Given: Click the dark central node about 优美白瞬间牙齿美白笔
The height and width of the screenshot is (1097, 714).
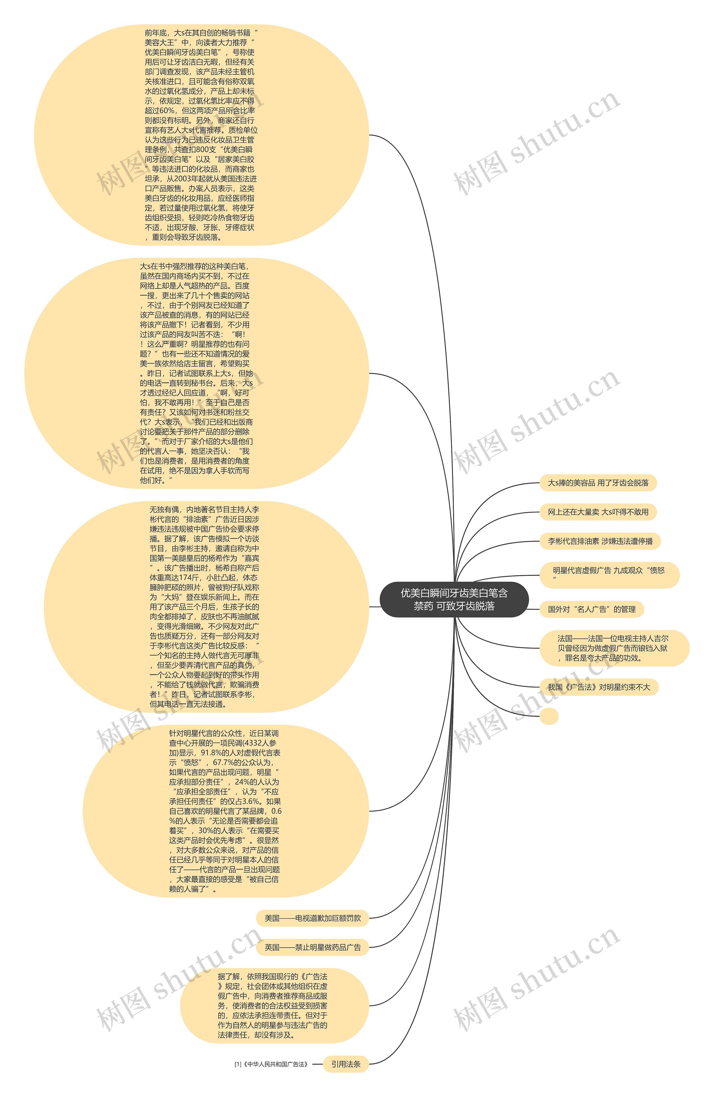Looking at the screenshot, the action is [x=454, y=599].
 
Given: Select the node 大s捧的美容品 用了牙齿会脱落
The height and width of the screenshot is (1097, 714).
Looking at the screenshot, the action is [x=598, y=483].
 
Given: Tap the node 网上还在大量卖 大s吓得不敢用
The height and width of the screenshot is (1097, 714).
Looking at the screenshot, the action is [x=598, y=512].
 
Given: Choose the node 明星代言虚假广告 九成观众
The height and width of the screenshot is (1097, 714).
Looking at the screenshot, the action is [x=609, y=574].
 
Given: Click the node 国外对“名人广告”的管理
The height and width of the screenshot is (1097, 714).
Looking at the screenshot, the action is [x=591, y=609].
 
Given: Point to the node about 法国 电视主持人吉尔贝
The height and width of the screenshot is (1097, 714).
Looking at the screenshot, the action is [x=613, y=648].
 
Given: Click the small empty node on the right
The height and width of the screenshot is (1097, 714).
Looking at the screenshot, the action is [x=549, y=716].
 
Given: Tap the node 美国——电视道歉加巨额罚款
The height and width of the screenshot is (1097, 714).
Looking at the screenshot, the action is [x=312, y=918].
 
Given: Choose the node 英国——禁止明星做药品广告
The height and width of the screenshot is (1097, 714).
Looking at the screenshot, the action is [x=312, y=947].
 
